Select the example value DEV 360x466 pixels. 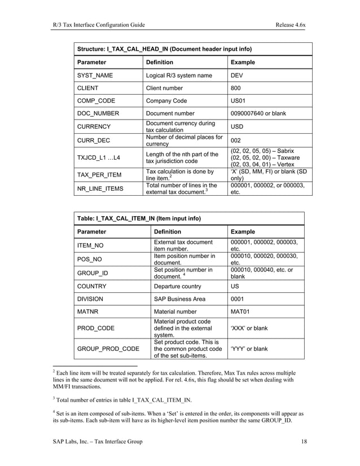[237, 76]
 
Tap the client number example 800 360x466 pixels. [236, 88]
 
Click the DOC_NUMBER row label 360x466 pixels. [98, 113]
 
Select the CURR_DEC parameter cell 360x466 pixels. [94, 140]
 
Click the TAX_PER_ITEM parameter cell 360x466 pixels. [100, 175]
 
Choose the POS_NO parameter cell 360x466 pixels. [90, 260]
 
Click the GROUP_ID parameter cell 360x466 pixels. [93, 274]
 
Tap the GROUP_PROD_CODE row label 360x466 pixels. [108, 349]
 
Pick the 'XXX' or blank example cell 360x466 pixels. [249, 328]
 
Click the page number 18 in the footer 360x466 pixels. [304, 441]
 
